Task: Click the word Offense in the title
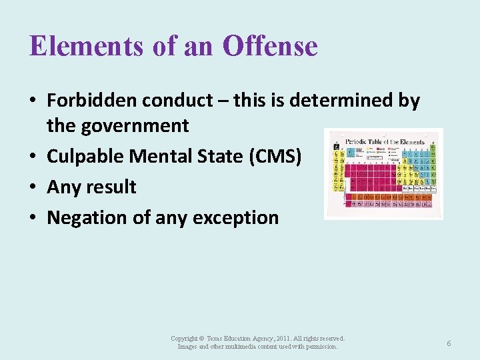point(271,47)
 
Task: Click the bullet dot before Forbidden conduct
point(33,101)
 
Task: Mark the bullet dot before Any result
point(33,187)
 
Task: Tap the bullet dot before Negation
point(33,218)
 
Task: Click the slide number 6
point(449,343)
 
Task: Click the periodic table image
point(383,174)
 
